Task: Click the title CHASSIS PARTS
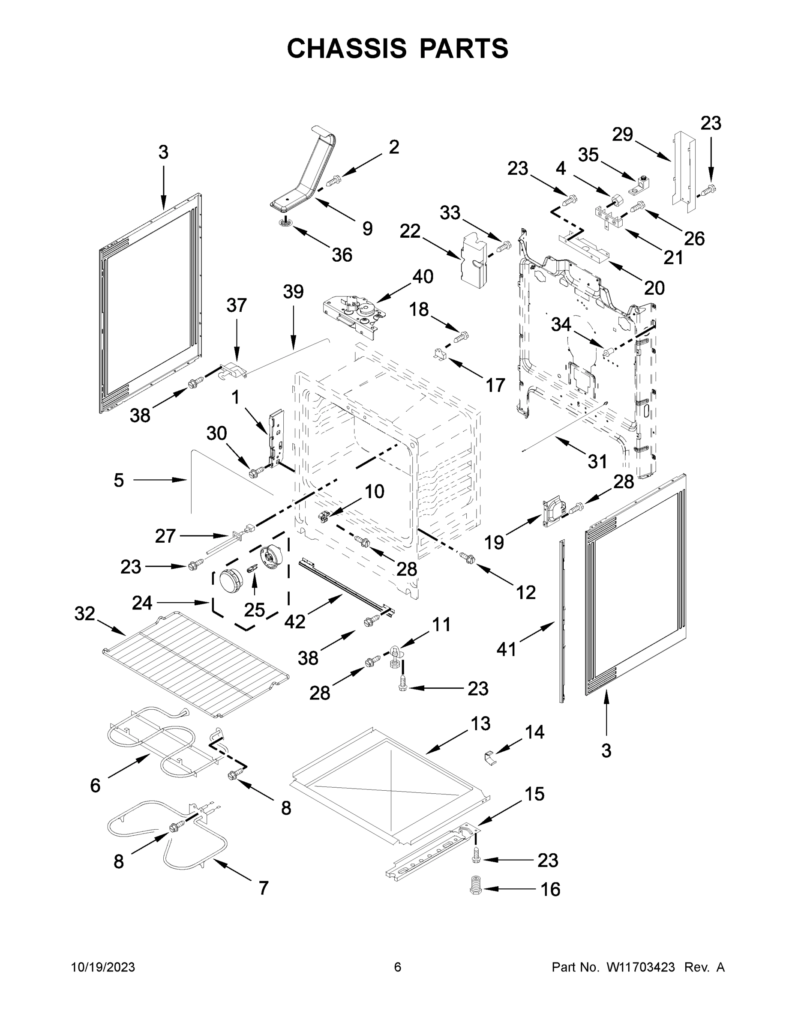pos(398,48)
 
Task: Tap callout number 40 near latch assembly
pos(423,276)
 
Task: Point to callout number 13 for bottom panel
pos(480,723)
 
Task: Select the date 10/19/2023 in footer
pos(103,967)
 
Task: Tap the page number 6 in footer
pos(398,967)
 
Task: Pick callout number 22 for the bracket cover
pos(410,231)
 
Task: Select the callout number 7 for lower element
pos(263,888)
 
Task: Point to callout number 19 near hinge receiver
pos(494,542)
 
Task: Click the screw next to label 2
pos(333,180)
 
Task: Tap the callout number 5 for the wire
pos(119,480)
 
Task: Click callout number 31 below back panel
pos(597,461)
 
